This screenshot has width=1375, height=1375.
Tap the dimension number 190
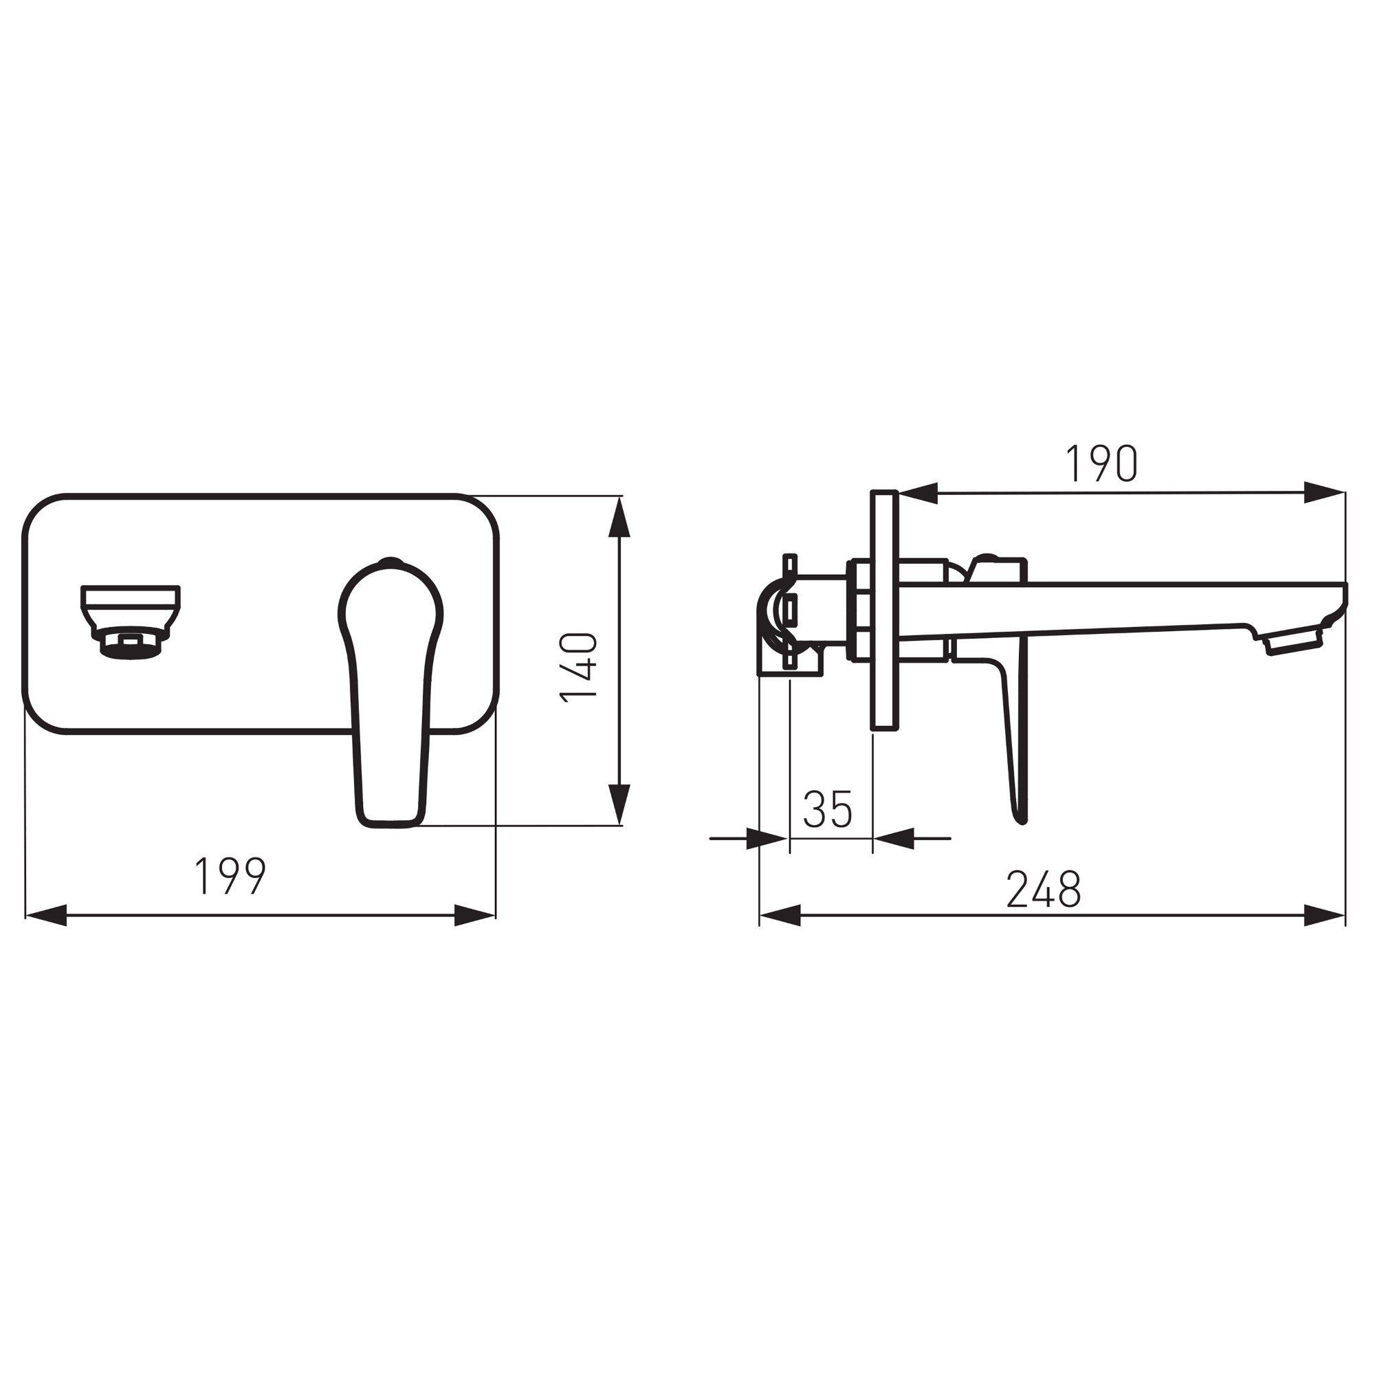pos(1101,463)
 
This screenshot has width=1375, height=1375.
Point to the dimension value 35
pos(828,809)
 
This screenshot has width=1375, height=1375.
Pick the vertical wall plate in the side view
pos(883,609)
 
